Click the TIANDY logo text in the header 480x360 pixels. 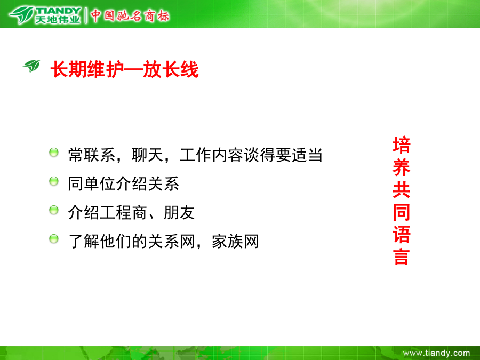click(x=59, y=11)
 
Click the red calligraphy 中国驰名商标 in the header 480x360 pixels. click(x=130, y=15)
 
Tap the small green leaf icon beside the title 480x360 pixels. click(x=31, y=66)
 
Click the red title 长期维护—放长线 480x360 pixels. click(x=125, y=69)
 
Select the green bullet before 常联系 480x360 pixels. click(x=54, y=152)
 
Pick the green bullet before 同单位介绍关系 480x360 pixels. click(x=54, y=181)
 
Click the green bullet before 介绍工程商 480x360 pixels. click(x=54, y=210)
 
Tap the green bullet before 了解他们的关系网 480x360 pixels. click(x=54, y=239)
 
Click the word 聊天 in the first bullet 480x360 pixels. click(x=147, y=155)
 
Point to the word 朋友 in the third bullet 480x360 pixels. click(x=179, y=213)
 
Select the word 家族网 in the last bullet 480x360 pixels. click(x=235, y=242)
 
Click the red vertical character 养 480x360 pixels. click(x=401, y=167)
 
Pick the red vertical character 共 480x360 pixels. click(x=401, y=190)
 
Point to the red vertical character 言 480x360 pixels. click(x=401, y=257)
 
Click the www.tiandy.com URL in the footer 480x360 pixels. click(x=436, y=353)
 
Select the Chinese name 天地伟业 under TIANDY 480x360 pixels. click(x=58, y=20)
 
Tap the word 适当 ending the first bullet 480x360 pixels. click(x=307, y=155)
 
